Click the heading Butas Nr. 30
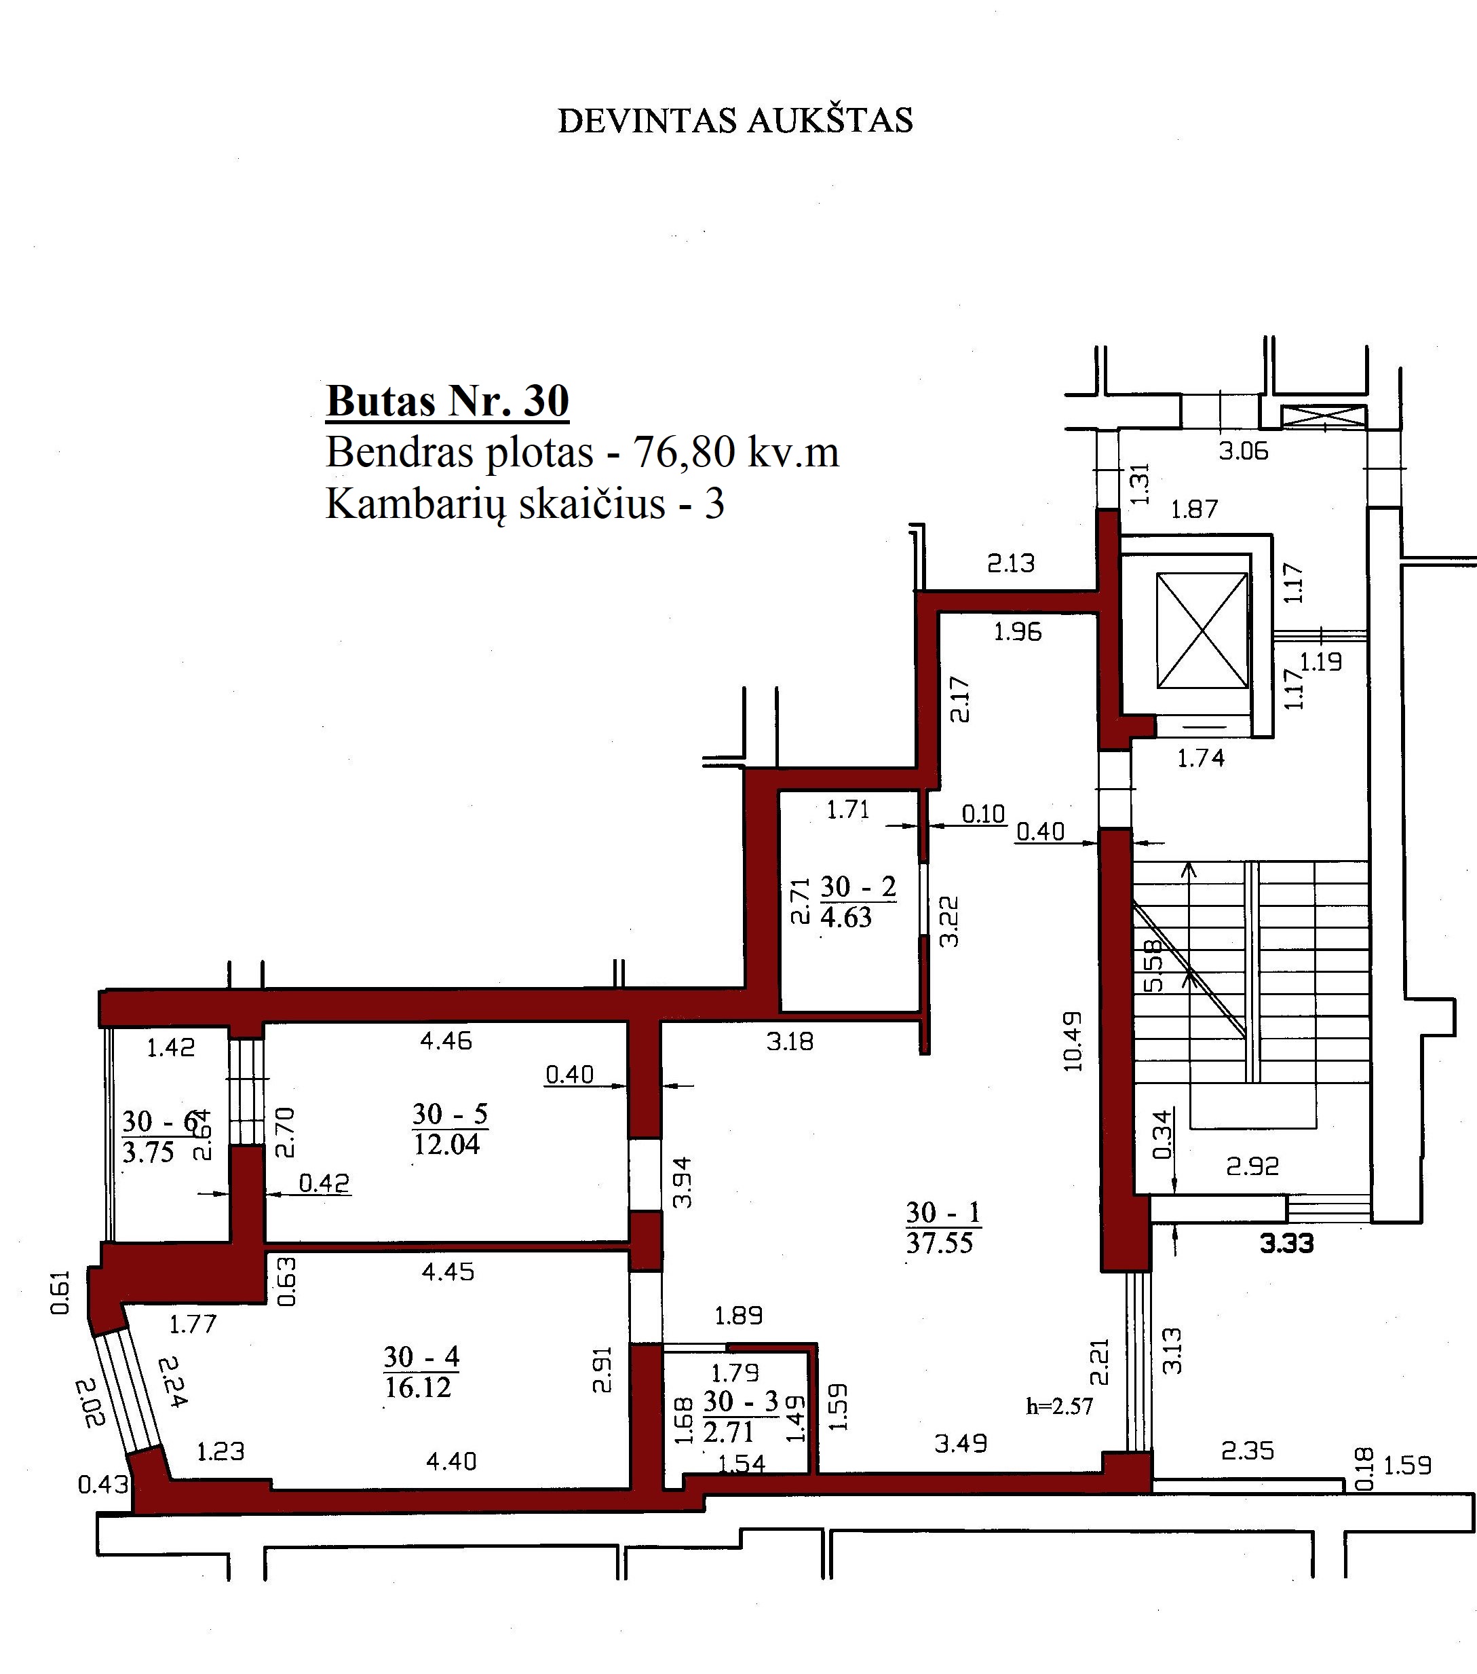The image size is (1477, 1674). click(x=447, y=401)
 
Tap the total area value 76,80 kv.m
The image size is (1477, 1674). click(x=736, y=452)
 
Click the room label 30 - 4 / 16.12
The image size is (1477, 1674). click(x=420, y=1372)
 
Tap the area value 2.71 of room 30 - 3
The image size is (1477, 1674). click(x=727, y=1432)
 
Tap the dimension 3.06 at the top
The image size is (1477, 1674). click(x=1243, y=451)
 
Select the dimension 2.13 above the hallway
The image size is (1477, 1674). click(x=1010, y=563)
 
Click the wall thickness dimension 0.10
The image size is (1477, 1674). click(x=982, y=813)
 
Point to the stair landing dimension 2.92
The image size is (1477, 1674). click(x=1252, y=1166)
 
